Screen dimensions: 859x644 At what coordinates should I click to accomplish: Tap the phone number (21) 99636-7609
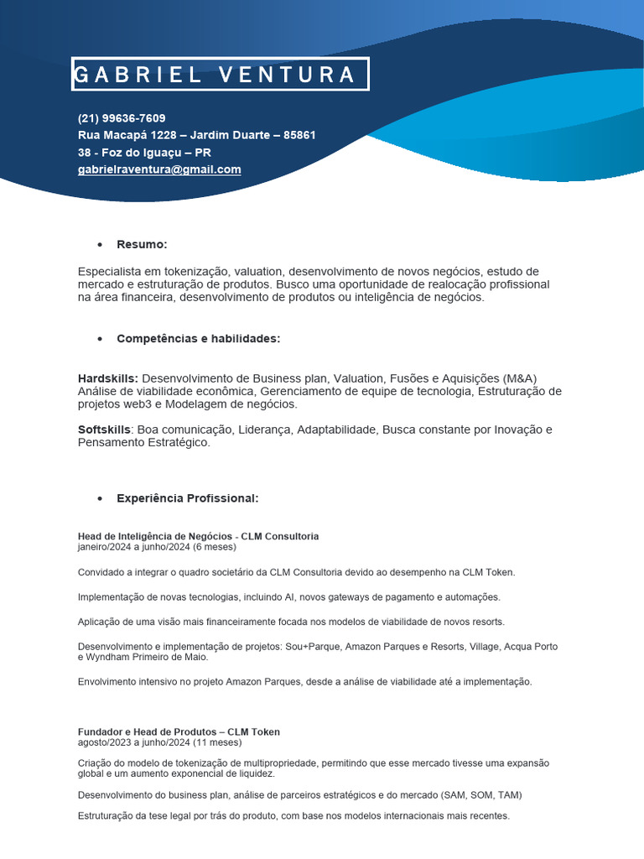click(122, 117)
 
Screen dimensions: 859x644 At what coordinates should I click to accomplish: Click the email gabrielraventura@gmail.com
click(159, 169)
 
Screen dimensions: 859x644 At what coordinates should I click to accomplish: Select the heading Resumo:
click(142, 244)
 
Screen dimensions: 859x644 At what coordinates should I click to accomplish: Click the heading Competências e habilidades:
click(198, 338)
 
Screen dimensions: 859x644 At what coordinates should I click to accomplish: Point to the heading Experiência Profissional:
click(188, 498)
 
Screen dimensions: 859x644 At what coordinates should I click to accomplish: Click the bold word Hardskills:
click(108, 378)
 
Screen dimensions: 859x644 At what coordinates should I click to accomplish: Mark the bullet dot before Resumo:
click(100, 245)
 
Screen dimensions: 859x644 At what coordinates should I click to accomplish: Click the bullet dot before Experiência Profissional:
click(100, 499)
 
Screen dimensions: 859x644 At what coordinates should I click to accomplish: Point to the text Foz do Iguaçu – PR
click(155, 153)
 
